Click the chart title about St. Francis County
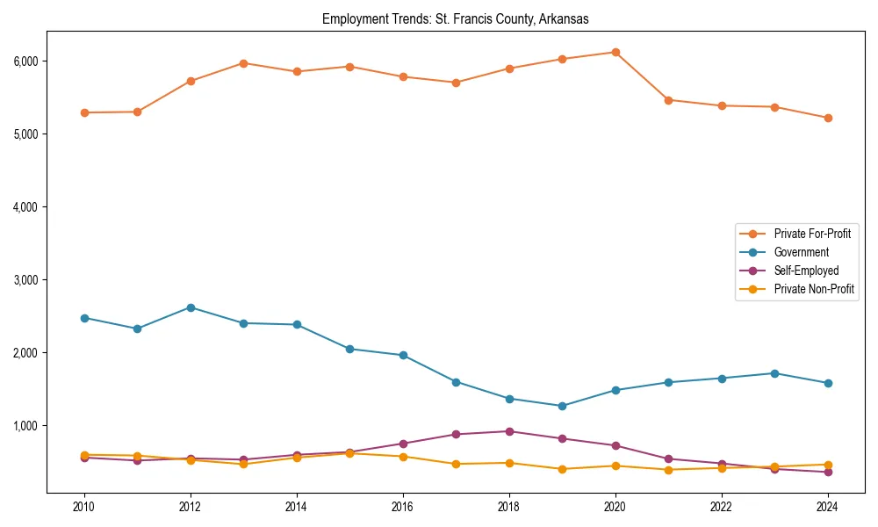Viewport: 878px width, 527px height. click(455, 18)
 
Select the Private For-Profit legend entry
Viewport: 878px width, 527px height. click(806, 234)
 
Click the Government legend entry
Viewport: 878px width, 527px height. click(801, 252)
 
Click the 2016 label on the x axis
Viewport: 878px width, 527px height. click(403, 507)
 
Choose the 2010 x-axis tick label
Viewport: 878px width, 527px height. click(84, 507)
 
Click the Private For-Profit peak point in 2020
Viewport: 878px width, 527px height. click(615, 52)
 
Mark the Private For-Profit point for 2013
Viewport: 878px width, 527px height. click(243, 63)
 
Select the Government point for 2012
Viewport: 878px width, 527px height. click(191, 307)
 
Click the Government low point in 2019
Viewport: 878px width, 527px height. click(562, 406)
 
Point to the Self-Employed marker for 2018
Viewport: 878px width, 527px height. click(509, 431)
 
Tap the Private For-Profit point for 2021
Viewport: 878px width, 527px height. click(668, 100)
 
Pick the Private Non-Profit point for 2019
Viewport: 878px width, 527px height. click(562, 469)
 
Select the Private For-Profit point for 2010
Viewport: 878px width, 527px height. click(84, 112)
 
